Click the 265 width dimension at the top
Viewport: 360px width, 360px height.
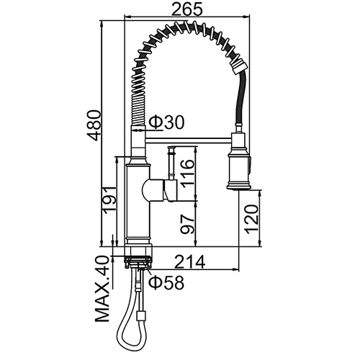click(187, 10)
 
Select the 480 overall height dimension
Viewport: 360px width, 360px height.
click(94, 125)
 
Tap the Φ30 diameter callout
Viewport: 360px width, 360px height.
click(167, 122)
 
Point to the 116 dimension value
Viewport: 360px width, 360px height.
click(187, 171)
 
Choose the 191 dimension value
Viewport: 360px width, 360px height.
click(109, 199)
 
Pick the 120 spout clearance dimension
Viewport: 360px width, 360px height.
click(251, 219)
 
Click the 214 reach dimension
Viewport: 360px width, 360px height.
click(189, 261)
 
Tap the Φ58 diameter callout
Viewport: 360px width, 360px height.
click(166, 282)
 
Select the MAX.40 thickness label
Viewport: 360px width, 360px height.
click(102, 289)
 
